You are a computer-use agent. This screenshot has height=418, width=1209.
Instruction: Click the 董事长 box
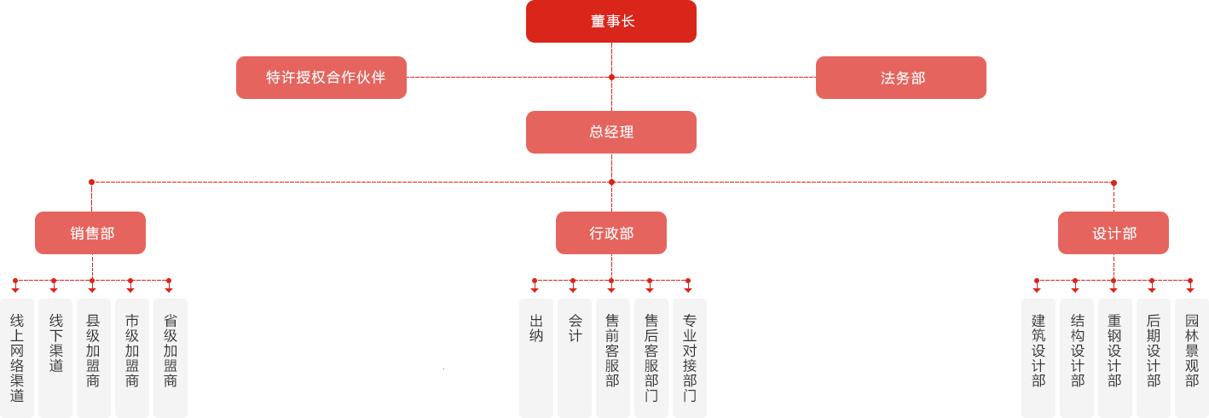point(610,21)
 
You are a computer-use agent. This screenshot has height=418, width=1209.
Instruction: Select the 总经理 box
point(610,132)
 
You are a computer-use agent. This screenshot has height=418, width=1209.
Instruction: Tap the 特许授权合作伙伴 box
point(321,78)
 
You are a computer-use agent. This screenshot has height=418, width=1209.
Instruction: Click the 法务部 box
point(901,78)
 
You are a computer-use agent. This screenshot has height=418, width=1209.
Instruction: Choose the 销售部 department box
point(90,233)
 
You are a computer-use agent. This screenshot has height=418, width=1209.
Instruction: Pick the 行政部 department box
point(611,233)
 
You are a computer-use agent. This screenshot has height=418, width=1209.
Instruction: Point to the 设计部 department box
point(1114,233)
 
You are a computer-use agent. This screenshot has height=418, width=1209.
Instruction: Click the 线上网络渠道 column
point(17,357)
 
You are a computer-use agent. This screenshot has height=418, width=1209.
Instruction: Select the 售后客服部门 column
point(651,357)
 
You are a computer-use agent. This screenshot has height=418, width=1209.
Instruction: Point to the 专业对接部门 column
point(690,357)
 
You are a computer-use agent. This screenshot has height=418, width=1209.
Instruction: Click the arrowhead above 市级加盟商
point(130,288)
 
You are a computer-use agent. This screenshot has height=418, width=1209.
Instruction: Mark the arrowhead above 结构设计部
point(1075,288)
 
